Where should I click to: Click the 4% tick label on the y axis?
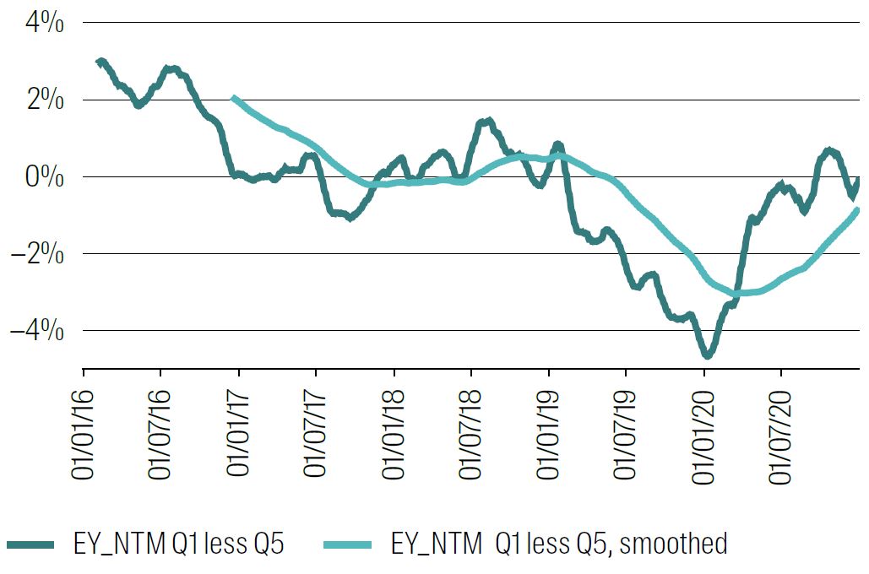44,24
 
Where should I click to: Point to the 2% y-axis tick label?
44,100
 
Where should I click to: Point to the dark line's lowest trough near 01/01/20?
707,355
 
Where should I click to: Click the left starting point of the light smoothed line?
234,99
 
